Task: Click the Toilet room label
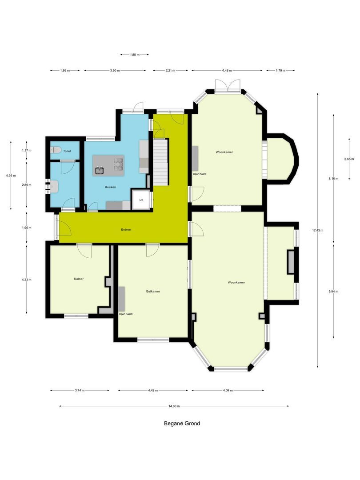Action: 67,152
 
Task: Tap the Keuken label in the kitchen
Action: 110,187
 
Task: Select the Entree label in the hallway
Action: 126,230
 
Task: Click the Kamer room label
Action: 79,279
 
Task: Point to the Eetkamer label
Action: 153,292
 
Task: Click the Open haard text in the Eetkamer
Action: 125,314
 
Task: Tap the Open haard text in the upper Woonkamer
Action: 200,174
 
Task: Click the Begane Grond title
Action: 182,424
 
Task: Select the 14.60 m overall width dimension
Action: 174,406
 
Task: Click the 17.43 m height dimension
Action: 318,230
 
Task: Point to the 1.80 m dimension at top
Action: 134,55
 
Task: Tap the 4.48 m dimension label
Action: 227,70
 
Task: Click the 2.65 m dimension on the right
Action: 349,159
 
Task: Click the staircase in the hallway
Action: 160,162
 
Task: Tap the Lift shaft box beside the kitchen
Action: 141,200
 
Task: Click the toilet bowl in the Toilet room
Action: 55,150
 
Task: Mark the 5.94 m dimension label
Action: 333,292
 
